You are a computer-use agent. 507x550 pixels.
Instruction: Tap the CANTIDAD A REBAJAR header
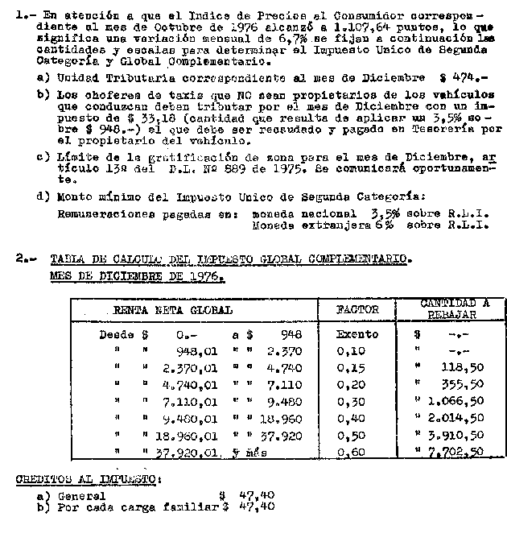pyautogui.click(x=455, y=308)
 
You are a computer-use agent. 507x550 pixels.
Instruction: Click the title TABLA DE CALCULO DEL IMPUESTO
pyautogui.click(x=230, y=260)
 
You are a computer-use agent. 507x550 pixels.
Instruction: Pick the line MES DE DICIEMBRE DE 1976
pyautogui.click(x=137, y=276)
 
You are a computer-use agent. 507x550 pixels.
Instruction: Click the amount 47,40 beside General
pyautogui.click(x=256, y=496)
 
